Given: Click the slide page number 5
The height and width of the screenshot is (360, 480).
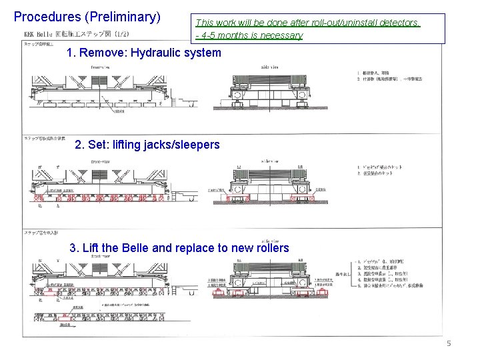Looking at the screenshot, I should coord(449,343).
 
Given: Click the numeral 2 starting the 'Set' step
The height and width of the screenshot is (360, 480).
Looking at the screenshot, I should coord(79,145).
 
